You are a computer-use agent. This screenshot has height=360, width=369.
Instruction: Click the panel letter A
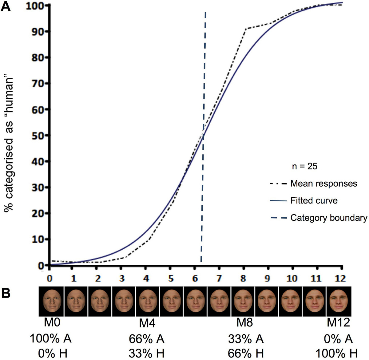pyautogui.click(x=6, y=6)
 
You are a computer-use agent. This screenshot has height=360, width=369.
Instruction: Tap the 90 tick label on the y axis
pyautogui.click(x=39, y=31)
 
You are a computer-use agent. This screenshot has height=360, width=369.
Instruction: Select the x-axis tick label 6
pyautogui.click(x=195, y=278)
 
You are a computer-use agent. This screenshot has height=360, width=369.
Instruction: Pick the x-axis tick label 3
pyautogui.click(x=122, y=278)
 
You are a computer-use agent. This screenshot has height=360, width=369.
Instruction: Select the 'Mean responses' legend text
pyautogui.click(x=323, y=184)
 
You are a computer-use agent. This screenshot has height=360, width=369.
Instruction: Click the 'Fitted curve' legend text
pyautogui.click(x=314, y=201)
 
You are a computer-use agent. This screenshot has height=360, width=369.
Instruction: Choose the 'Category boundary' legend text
pyautogui.click(x=328, y=218)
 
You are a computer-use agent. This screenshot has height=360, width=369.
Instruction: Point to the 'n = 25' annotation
pyautogui.click(x=304, y=167)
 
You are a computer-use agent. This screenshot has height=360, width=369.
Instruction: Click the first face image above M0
pyautogui.click(x=51, y=301)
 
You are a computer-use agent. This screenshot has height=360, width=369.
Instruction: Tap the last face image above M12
pyautogui.click(x=339, y=301)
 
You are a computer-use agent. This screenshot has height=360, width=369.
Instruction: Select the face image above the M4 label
pyautogui.click(x=147, y=301)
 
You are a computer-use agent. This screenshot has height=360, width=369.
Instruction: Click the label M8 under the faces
pyautogui.click(x=245, y=323)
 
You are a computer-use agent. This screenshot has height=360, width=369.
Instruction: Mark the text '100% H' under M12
pyautogui.click(x=336, y=353)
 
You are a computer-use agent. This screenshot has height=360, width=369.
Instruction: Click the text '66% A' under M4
pyautogui.click(x=147, y=339)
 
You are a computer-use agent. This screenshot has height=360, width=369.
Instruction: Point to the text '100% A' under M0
pyautogui.click(x=51, y=339)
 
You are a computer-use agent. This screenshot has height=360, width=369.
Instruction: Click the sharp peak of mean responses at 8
pyautogui.click(x=246, y=29)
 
